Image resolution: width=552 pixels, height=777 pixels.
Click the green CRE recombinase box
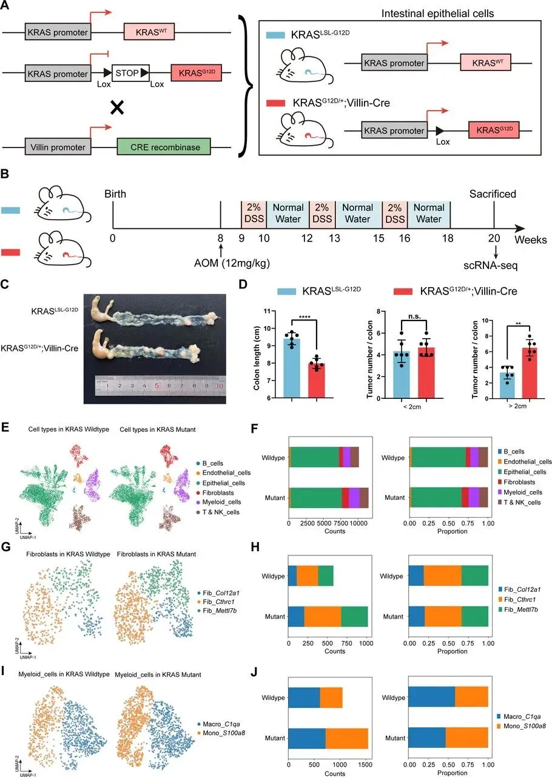(x=163, y=147)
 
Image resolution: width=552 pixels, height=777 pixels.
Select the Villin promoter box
(x=58, y=147)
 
